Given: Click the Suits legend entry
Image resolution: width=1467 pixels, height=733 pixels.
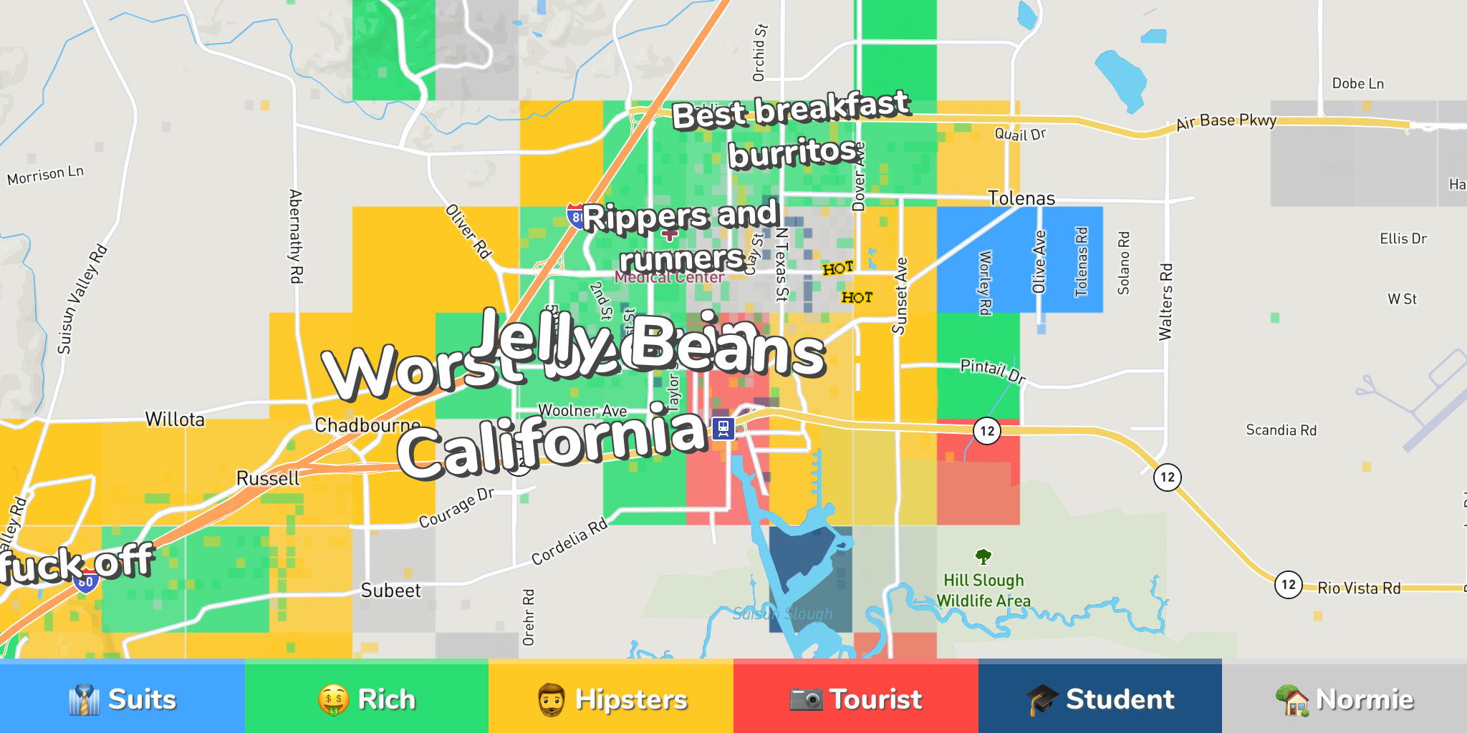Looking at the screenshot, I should coord(122,699).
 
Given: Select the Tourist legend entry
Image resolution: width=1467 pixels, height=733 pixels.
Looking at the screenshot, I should coord(856,699).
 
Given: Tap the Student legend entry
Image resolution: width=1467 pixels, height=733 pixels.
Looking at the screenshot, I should coord(1100,699).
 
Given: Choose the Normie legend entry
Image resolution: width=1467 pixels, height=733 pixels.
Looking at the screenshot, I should coord(1345,699).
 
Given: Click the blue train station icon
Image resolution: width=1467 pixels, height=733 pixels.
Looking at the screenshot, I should coord(723,429).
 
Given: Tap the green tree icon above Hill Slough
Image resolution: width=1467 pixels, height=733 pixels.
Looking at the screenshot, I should coord(983,556).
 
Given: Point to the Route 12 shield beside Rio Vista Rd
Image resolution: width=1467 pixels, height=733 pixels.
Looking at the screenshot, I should coord(1288,585).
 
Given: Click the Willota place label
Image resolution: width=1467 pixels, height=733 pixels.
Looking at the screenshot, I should coord(175,419).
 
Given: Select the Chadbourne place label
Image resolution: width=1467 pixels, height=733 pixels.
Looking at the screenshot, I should coord(367,425).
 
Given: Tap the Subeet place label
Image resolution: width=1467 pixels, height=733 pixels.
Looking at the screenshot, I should coord(390,591).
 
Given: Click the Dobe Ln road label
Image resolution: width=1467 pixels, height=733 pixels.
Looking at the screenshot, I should coord(1357,84).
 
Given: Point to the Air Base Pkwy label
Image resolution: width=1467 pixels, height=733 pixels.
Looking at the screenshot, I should coord(1226,121).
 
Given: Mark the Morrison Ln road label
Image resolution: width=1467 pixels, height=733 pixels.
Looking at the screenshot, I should coord(45,175).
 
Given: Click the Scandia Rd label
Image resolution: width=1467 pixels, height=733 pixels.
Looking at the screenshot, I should coord(1281,430).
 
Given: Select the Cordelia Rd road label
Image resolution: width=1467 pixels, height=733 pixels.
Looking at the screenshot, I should coord(569,541).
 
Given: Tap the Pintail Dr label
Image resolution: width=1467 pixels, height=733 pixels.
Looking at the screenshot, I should coord(993,370).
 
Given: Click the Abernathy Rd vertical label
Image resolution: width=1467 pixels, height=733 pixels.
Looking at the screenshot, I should coord(295,236).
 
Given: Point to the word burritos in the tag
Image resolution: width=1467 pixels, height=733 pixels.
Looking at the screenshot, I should coord(792,153).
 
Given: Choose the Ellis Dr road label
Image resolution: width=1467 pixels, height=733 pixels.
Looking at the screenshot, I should coord(1403,238).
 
